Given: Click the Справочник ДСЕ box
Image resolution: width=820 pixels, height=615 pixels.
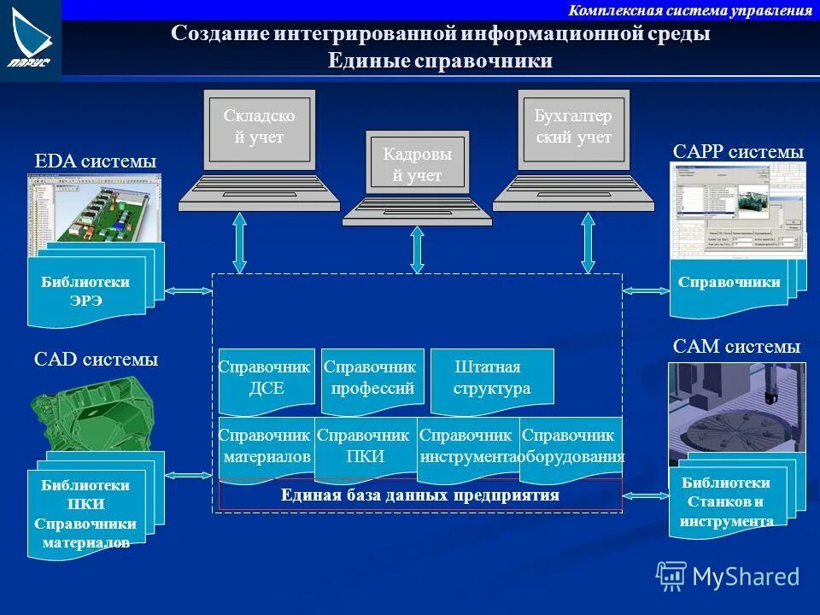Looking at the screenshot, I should pos(266,378).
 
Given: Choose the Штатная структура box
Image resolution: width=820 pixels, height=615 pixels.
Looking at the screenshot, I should pos(492,378).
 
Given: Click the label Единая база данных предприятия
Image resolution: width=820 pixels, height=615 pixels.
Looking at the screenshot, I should pos(420,495).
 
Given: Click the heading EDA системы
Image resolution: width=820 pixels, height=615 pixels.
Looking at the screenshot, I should pos(95,161).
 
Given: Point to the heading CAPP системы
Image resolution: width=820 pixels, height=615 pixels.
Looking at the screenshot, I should pos(738,152).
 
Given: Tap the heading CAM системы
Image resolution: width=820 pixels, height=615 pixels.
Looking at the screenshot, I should pos(736,347).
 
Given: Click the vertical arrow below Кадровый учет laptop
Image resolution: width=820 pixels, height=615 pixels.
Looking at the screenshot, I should pos(417,249).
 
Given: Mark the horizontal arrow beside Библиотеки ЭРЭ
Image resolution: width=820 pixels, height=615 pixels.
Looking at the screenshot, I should pos(188,291).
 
